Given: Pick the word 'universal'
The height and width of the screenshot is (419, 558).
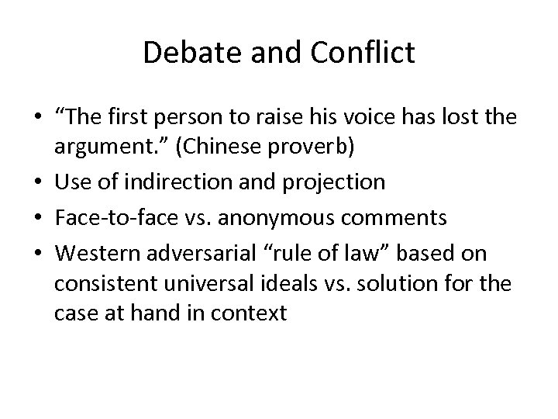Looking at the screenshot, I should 211,284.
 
